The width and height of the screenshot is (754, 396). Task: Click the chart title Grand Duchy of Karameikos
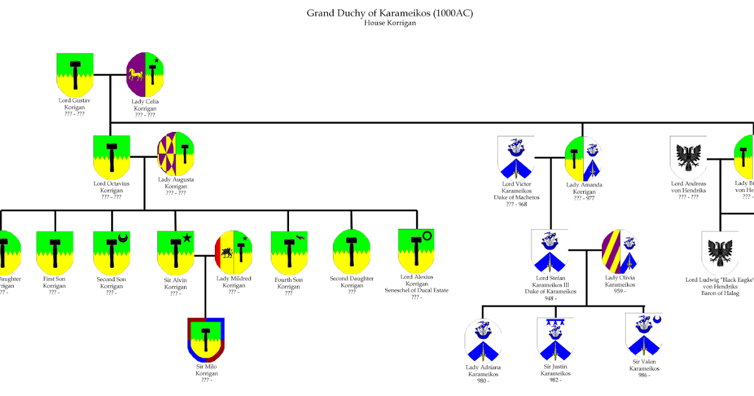click(390, 13)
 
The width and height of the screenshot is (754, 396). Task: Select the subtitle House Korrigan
click(390, 23)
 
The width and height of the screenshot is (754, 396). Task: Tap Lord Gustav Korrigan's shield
click(75, 74)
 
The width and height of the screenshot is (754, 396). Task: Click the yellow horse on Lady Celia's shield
click(136, 75)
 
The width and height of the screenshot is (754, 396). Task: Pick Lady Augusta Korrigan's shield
click(175, 154)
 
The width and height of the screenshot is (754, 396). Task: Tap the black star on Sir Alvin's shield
click(187, 238)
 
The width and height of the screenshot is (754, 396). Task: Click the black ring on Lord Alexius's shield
click(427, 236)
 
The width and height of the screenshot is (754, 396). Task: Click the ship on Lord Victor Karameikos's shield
click(515, 149)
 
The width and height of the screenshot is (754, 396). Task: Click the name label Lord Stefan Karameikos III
click(550, 284)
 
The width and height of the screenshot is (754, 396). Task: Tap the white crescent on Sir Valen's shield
click(657, 321)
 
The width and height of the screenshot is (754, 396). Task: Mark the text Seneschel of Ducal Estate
click(417, 290)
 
